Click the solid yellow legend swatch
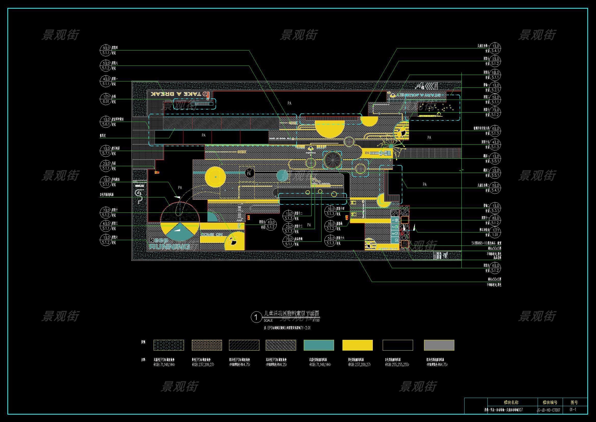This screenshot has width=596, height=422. pyautogui.click(x=357, y=345)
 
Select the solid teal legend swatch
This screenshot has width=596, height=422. pyautogui.click(x=319, y=345)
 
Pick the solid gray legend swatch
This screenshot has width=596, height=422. pyautogui.click(x=439, y=345)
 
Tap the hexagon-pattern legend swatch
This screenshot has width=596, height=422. pyautogui.click(x=169, y=345)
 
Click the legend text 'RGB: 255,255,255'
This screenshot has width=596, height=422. pyautogui.click(x=397, y=365)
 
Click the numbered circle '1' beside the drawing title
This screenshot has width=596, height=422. pyautogui.click(x=256, y=318)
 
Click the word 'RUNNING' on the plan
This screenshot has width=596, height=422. pyautogui.click(x=169, y=246)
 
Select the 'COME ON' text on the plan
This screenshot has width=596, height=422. pyautogui.click(x=212, y=235)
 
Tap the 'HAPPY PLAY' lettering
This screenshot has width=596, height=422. pyautogui.click(x=388, y=249)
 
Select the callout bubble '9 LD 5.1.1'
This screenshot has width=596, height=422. pyautogui.click(x=106, y=51)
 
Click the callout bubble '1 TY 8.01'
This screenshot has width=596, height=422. pyautogui.click(x=106, y=99)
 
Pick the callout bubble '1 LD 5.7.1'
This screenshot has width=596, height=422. pyautogui.click(x=106, y=151)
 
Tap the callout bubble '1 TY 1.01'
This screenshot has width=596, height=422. pyautogui.click(x=495, y=232)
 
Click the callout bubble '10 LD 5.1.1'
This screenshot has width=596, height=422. pyautogui.click(x=495, y=75)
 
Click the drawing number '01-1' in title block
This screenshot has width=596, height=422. pyautogui.click(x=573, y=410)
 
